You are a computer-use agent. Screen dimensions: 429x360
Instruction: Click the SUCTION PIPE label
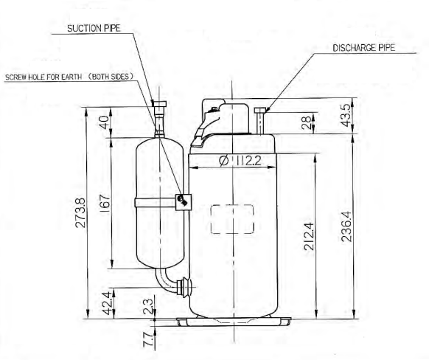tap(94, 28)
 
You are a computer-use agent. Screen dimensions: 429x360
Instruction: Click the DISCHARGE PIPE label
tap(364, 48)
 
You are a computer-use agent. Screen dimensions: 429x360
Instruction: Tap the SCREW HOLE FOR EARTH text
tap(43, 77)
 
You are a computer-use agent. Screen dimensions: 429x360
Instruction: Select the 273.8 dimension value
tap(80, 212)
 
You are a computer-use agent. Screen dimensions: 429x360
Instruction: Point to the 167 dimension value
tap(105, 201)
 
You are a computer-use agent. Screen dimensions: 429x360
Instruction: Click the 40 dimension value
tap(104, 122)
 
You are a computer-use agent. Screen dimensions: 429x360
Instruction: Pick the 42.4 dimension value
tap(107, 303)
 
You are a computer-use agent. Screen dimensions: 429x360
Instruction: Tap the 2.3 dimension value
tap(148, 306)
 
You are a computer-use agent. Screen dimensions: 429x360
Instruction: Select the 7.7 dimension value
tap(148, 339)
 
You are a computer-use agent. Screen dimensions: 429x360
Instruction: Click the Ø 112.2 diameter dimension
tap(240, 161)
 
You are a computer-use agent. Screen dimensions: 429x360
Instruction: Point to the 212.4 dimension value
tap(309, 236)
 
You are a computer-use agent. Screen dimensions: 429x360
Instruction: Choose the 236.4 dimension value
tap(346, 226)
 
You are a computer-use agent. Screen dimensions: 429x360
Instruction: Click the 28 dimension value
tap(307, 122)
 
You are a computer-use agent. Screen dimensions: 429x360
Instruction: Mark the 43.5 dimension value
tap(346, 115)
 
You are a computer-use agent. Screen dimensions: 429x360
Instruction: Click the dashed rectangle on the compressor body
tap(232, 219)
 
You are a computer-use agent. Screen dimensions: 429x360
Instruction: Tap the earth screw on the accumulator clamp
tap(182, 201)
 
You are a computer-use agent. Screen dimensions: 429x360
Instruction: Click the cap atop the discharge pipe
tap(260, 111)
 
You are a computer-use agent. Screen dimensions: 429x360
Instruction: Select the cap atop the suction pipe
tap(159, 104)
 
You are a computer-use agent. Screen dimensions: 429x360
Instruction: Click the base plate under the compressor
tap(234, 322)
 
